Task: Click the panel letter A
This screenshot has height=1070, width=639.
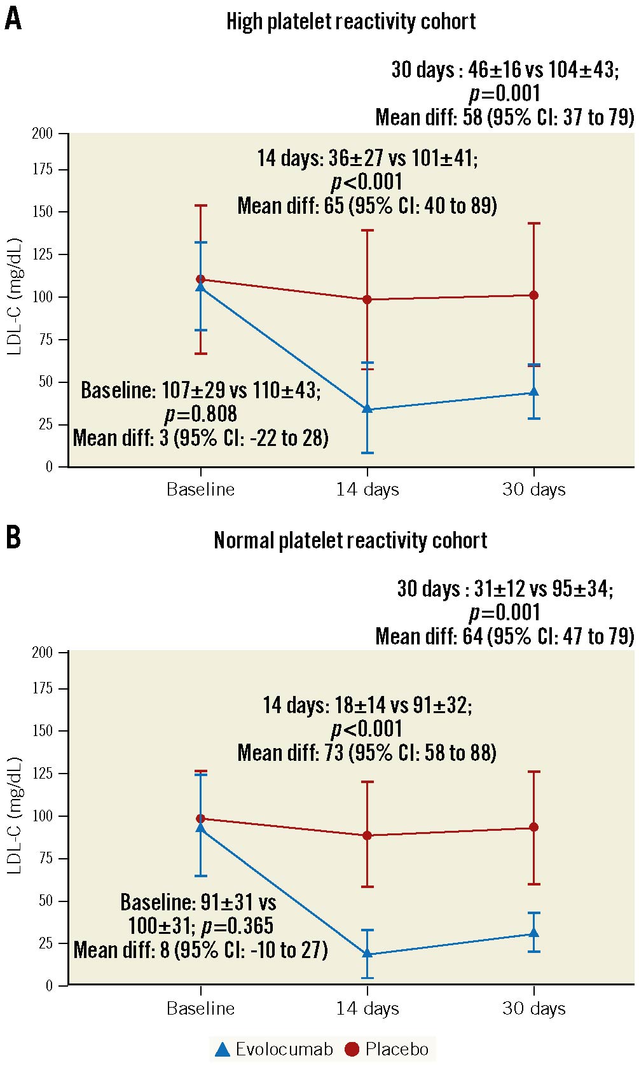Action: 13,19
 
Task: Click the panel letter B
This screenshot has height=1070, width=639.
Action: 13,538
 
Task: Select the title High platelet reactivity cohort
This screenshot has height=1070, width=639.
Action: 351,22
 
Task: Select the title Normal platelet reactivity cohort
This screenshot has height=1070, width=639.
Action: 350,541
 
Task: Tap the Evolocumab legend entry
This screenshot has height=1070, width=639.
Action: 274,1049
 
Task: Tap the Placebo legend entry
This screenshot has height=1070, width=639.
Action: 387,1049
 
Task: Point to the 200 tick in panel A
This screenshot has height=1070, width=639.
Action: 43,134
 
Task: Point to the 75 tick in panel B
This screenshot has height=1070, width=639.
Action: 45,858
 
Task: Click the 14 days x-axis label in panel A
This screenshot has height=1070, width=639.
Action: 368,489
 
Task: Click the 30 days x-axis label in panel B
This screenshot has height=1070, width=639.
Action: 533,1008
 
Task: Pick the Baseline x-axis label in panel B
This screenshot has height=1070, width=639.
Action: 200,1008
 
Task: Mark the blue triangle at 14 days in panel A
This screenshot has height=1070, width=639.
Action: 368,408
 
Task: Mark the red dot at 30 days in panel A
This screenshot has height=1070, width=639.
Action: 534,295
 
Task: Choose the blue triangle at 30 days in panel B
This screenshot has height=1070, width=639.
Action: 534,933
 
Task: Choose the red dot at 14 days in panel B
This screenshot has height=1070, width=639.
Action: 368,835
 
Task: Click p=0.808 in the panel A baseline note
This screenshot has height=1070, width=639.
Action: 201,414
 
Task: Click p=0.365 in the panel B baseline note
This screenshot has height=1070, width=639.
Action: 237,926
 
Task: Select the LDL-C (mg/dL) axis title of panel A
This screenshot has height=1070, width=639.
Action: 15,296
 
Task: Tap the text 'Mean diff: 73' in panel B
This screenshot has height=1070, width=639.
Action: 291,753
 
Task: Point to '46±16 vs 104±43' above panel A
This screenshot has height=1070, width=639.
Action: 542,69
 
